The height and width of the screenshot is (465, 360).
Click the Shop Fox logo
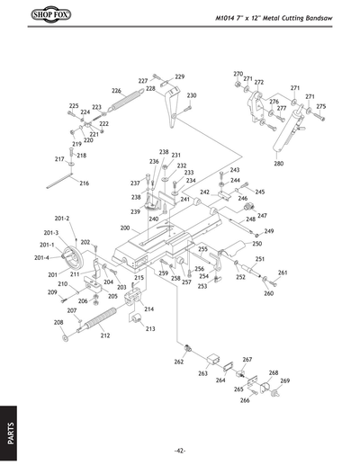coord(34,15)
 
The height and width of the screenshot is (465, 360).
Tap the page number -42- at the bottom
coord(180,450)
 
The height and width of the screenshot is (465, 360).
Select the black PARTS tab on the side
coord(10,428)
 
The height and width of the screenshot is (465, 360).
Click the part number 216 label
coord(84,183)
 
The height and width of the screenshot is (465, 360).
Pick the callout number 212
coord(105,335)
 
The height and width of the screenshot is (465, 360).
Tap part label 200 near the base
coord(125,228)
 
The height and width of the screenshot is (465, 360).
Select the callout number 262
coord(179,362)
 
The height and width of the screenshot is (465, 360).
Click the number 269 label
coord(285,381)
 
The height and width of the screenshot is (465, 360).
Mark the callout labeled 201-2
coord(62,219)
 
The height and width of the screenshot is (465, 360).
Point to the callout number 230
coord(192,95)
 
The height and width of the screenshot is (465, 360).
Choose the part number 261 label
coord(283,273)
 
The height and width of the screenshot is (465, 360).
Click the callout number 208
coord(58,322)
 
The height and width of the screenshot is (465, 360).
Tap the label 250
coord(256,244)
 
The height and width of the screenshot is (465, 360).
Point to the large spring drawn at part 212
coord(95,319)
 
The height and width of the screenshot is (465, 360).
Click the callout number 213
coord(149,329)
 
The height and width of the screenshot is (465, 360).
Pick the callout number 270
coord(238,74)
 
